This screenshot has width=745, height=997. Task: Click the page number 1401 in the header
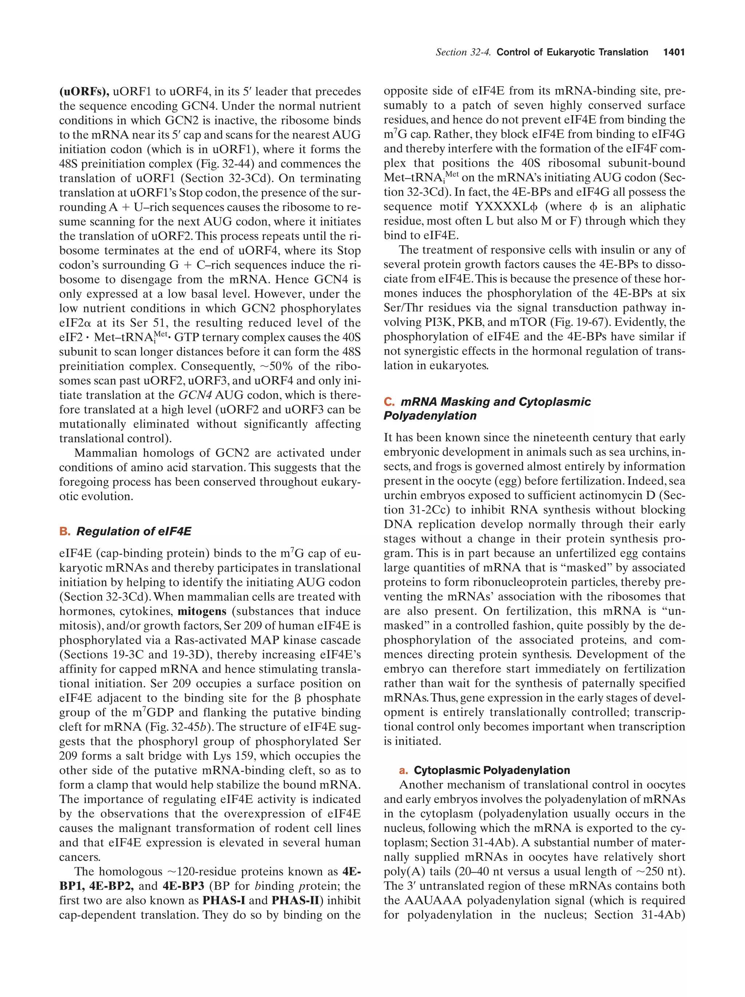click(674, 52)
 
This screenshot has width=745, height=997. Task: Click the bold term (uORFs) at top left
click(84, 92)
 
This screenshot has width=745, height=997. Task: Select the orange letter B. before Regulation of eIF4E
click(64, 531)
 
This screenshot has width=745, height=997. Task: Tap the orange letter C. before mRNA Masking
click(389, 402)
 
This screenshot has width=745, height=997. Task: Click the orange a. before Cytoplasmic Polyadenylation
click(403, 770)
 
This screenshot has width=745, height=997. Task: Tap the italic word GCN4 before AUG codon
click(195, 395)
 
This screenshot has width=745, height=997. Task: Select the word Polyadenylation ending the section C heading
click(430, 415)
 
